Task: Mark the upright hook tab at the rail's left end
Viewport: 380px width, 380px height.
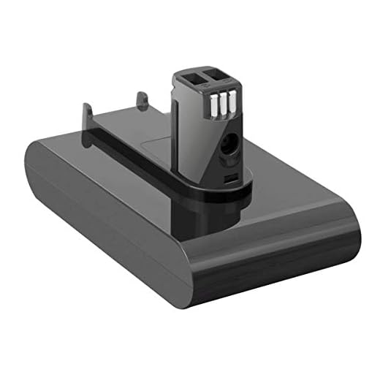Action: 87,117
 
